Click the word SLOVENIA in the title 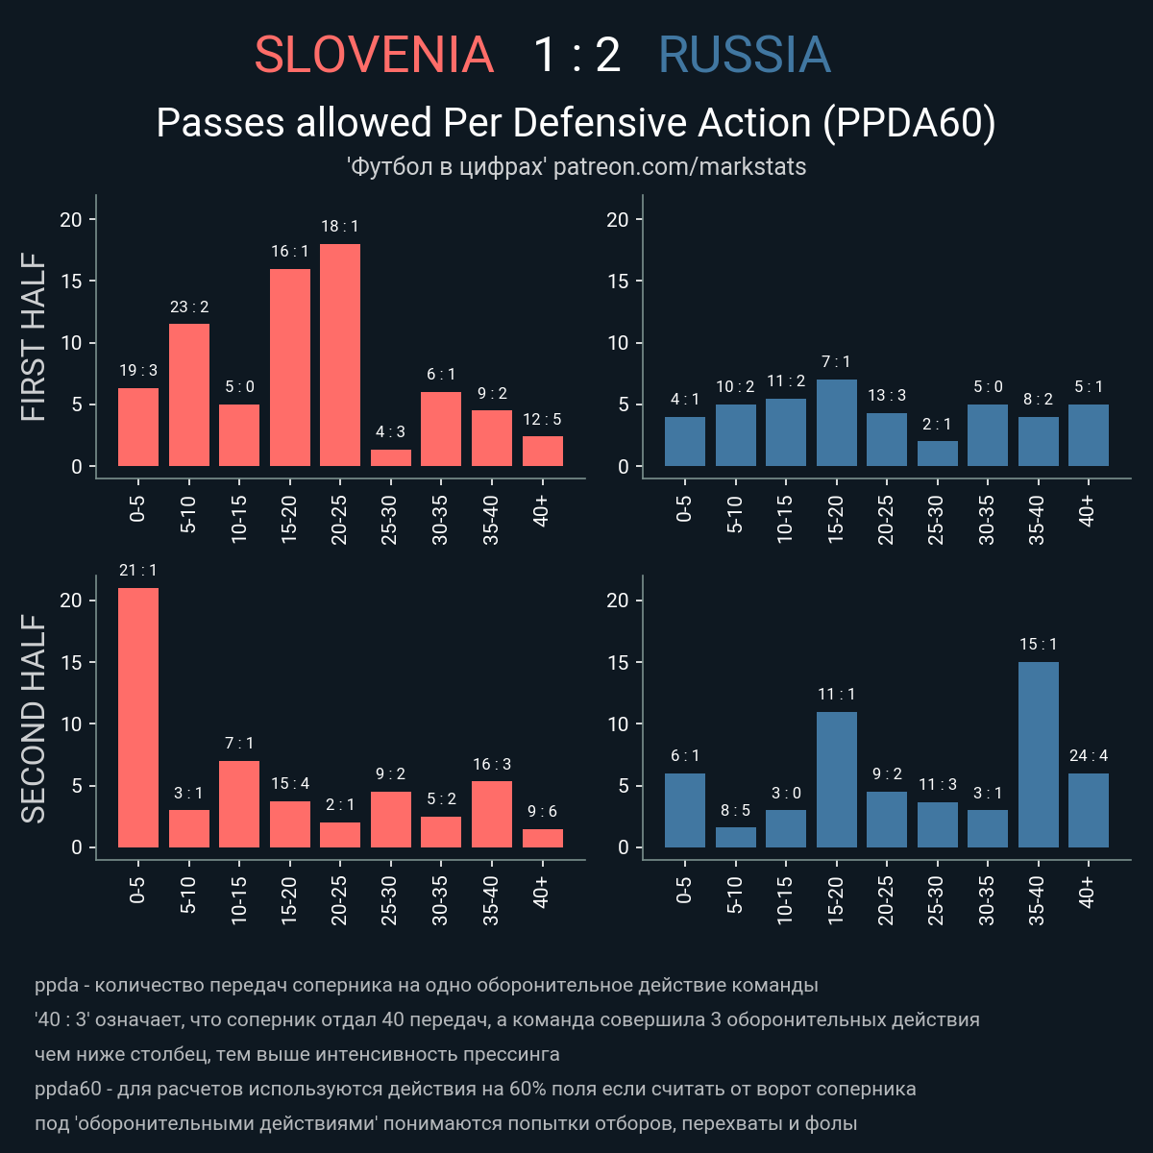[x=374, y=56]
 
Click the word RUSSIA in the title [x=745, y=56]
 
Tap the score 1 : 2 [x=576, y=56]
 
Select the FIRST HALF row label [x=35, y=337]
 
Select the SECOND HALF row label [x=35, y=721]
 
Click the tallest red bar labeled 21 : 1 [x=138, y=718]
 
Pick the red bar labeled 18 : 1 [x=340, y=356]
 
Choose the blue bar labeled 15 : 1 [x=1038, y=755]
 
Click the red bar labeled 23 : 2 [x=189, y=395]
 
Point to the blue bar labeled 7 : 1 [x=836, y=424]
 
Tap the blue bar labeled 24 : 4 [x=1089, y=811]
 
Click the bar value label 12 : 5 [x=543, y=419]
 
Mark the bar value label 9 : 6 [x=543, y=811]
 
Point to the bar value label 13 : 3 [x=886, y=395]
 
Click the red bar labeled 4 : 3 [x=391, y=458]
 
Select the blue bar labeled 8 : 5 [x=735, y=838]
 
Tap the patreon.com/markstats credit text [x=679, y=166]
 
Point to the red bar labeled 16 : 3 [x=492, y=815]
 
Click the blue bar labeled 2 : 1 [x=937, y=454]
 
